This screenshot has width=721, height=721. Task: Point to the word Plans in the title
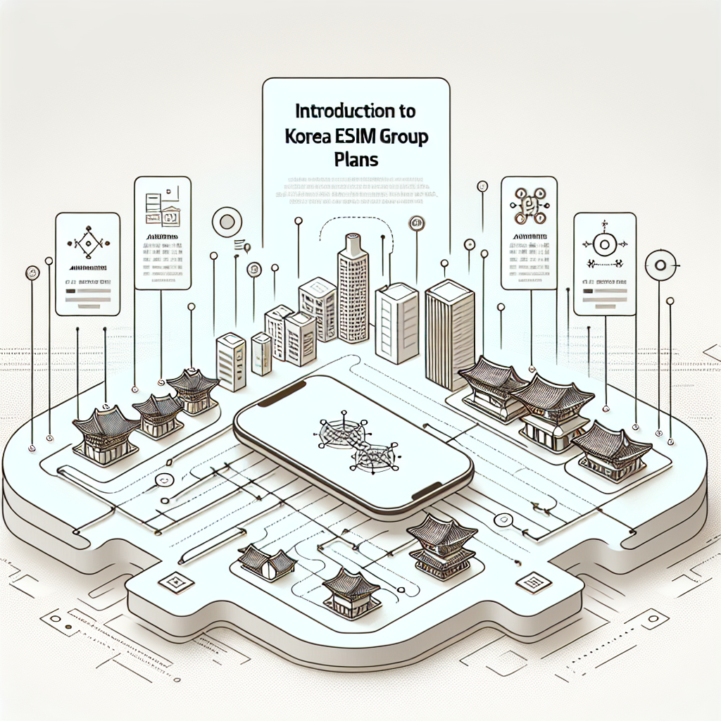pos(355,159)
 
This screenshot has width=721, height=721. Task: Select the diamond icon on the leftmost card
pos(87,242)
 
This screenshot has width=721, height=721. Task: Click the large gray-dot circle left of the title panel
pos(227,222)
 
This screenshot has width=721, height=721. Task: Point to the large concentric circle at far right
pos(660,265)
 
